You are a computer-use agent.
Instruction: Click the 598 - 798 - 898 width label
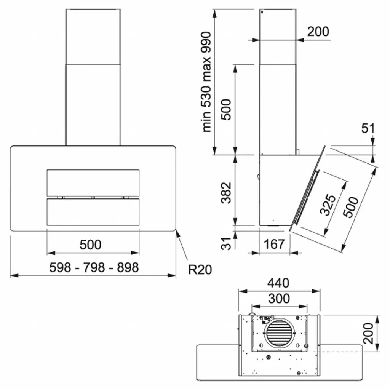coord(94,267)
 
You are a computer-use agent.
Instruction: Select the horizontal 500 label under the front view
coord(91,245)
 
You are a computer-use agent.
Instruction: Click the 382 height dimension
coord(226,193)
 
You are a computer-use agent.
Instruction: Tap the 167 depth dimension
coord(274,244)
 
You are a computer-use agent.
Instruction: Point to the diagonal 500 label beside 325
coord(350,207)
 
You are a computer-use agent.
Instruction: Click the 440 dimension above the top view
coord(278,283)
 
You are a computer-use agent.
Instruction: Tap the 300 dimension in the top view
coord(279,299)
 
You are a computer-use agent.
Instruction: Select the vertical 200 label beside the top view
coord(368,333)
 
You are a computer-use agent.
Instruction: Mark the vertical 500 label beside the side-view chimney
coord(226,109)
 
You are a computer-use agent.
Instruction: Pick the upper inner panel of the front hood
coord(93,183)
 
